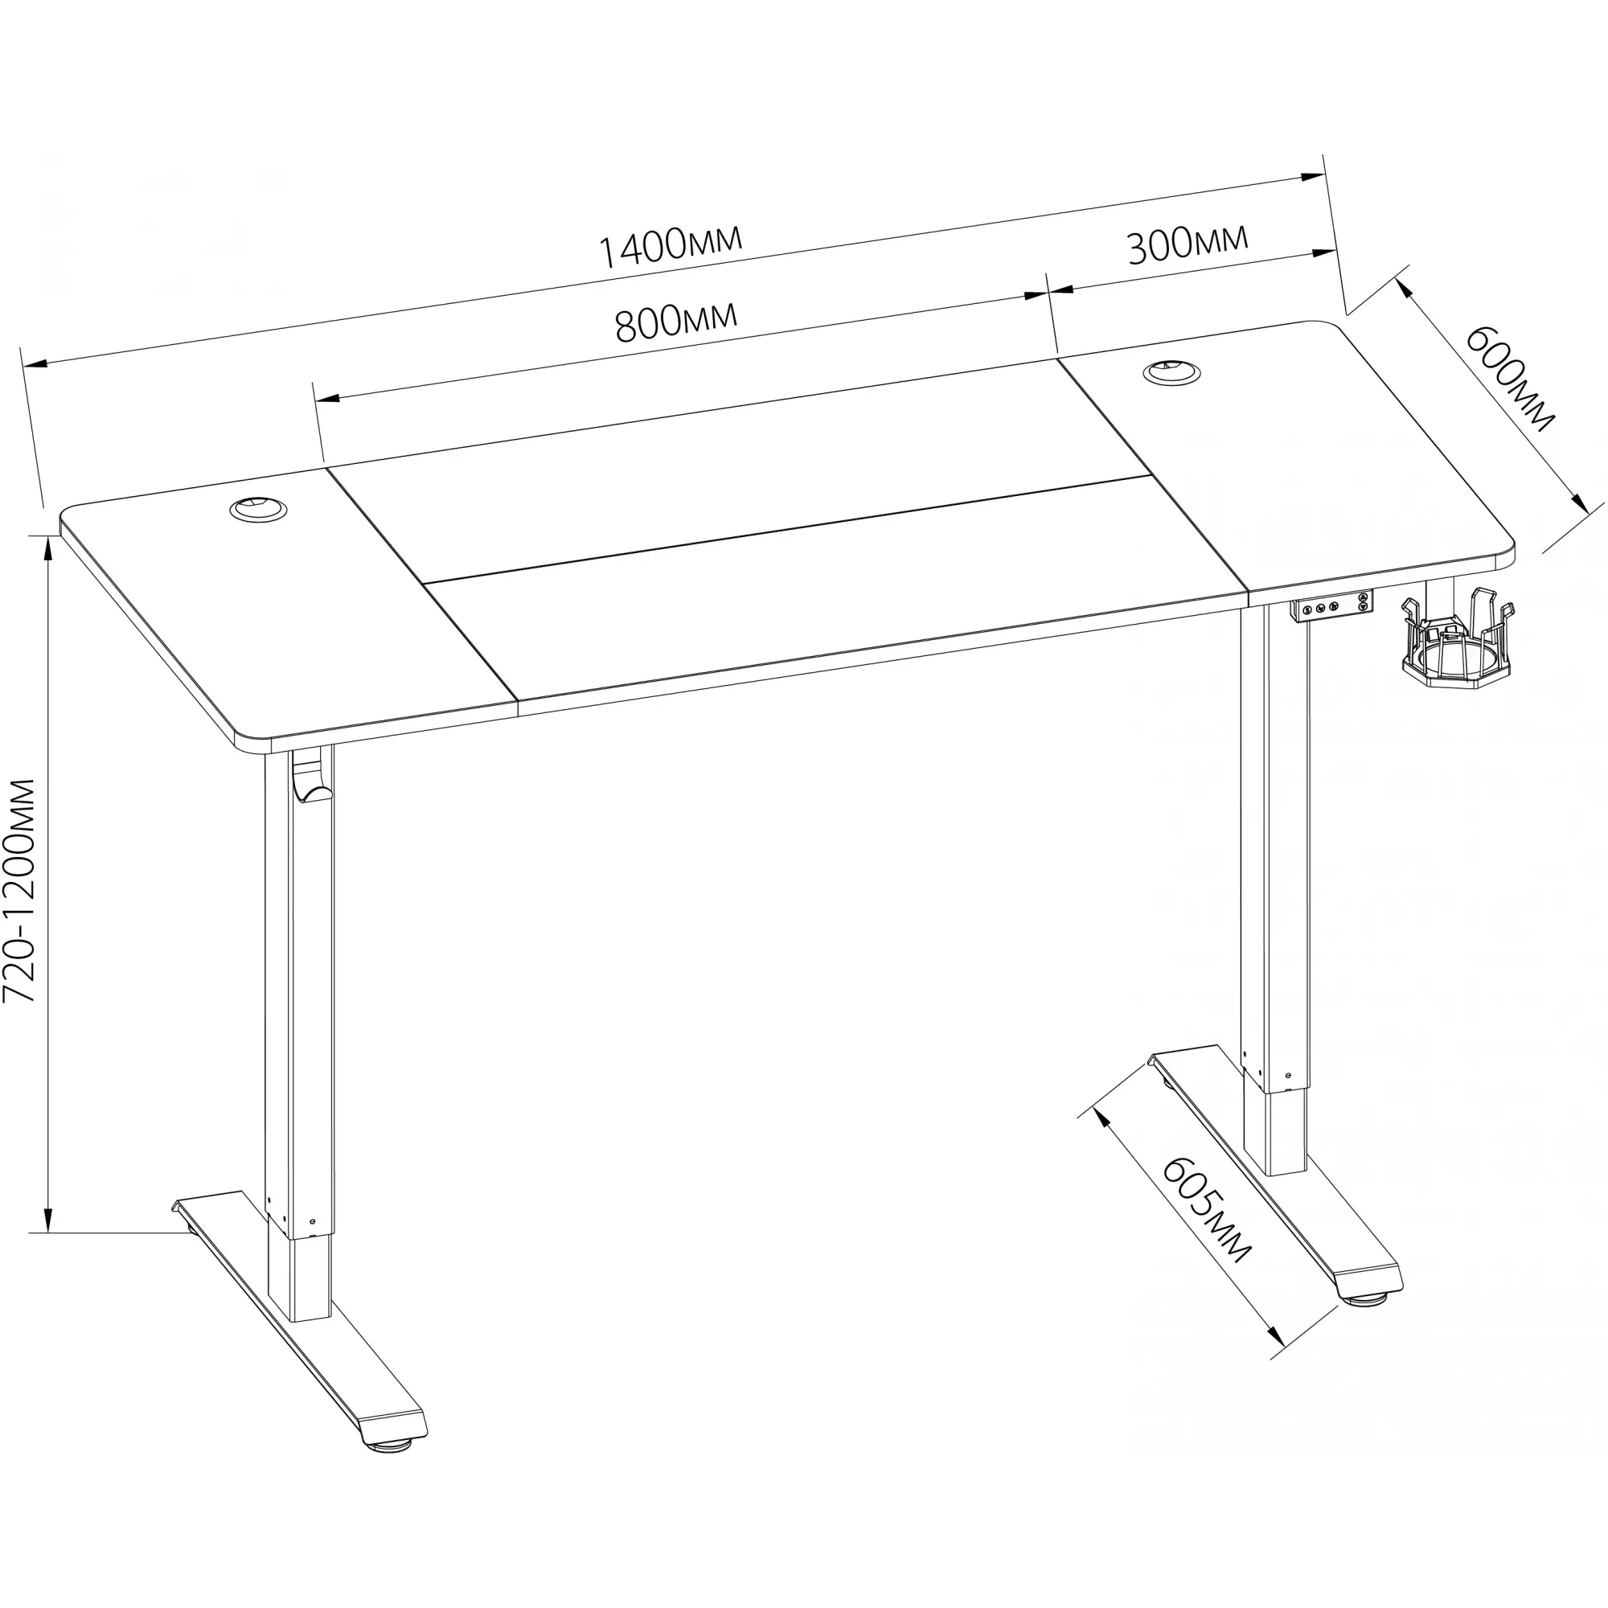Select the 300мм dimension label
point(1188,243)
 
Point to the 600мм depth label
point(1508,379)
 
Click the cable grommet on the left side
point(259,509)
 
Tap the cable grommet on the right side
point(1172,371)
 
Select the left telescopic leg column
point(300,1032)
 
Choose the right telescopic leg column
point(1274,891)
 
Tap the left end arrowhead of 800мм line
point(327,397)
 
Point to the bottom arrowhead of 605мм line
point(1276,1359)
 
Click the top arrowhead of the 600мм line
point(1405,287)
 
